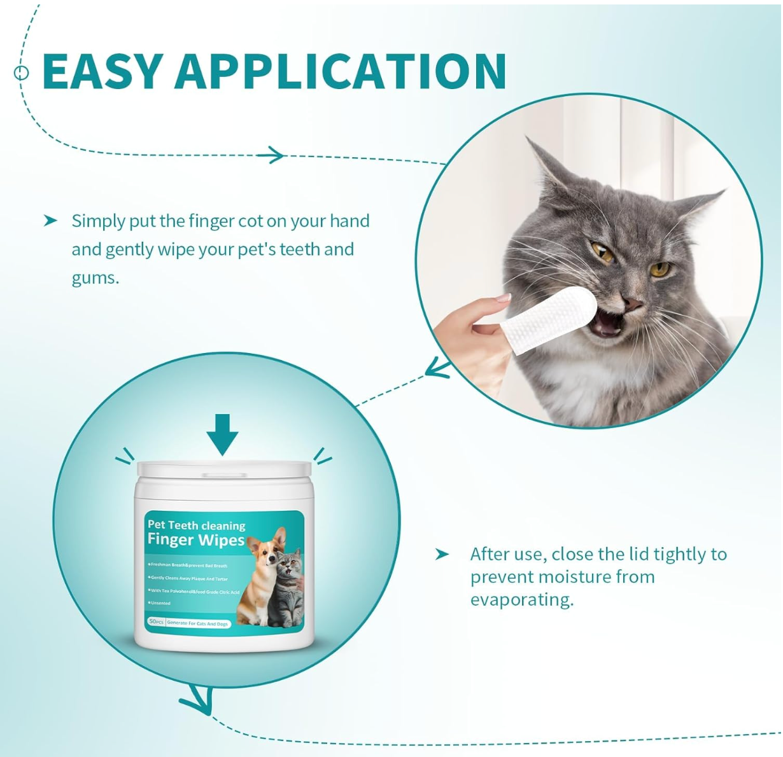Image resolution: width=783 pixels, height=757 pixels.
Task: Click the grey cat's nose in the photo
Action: (632, 305)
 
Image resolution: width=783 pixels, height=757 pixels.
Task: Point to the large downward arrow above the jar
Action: (222, 434)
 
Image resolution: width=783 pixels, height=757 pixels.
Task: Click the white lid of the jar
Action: (224, 471)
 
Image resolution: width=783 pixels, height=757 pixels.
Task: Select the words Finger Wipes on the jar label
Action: (195, 540)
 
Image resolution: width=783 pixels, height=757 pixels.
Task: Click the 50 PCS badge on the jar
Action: (156, 622)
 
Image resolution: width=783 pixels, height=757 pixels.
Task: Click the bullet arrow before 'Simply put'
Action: (50, 221)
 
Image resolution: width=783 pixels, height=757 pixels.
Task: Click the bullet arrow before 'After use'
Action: (442, 555)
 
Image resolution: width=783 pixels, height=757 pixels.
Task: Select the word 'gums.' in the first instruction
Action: (95, 278)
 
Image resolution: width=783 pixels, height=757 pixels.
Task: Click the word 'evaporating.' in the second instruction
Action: (522, 600)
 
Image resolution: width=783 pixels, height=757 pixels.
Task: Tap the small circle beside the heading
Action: (22, 73)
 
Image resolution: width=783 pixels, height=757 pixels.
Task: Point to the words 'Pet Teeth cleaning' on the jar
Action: (196, 525)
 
